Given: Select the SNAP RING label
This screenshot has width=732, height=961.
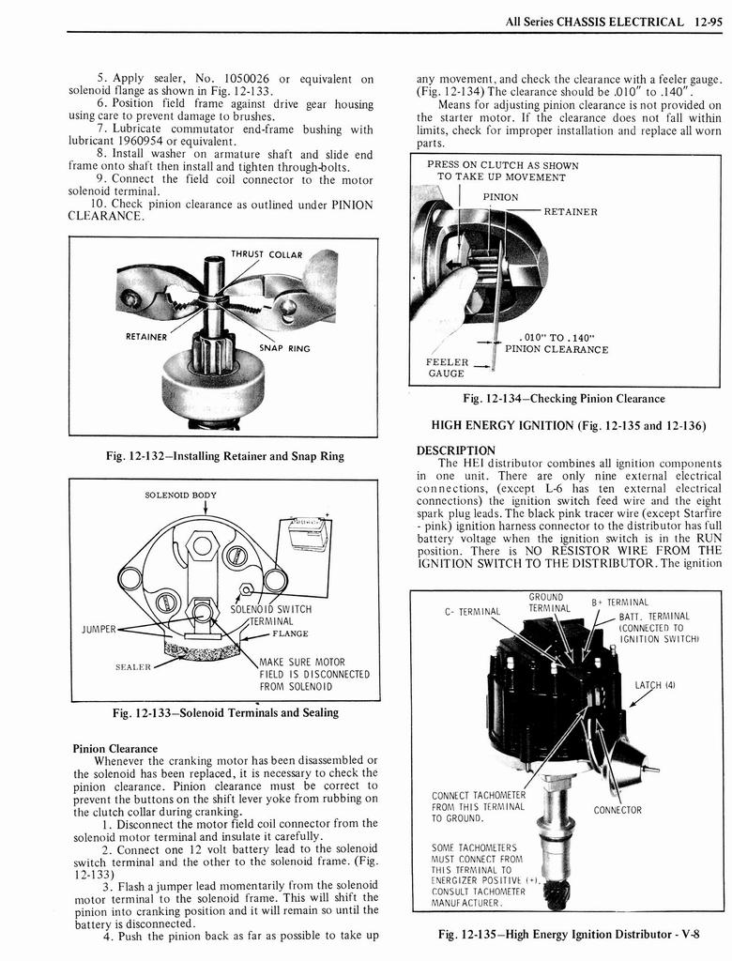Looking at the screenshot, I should tap(285, 348).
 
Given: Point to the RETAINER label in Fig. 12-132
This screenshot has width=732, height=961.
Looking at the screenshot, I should tap(145, 337).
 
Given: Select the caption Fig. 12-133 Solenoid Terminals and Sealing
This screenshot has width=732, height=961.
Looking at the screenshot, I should tap(225, 712).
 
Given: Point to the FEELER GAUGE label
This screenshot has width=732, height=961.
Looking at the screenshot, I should tap(447, 367).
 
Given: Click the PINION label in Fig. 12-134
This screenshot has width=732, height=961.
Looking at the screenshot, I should tap(500, 197).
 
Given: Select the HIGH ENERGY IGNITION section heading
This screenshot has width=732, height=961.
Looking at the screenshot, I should tap(568, 425).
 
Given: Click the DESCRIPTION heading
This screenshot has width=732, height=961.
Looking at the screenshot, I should tap(455, 450).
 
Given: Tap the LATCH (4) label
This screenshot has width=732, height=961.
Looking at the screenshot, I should tap(656, 684).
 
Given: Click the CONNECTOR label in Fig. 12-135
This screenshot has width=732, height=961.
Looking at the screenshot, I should tap(618, 810).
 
